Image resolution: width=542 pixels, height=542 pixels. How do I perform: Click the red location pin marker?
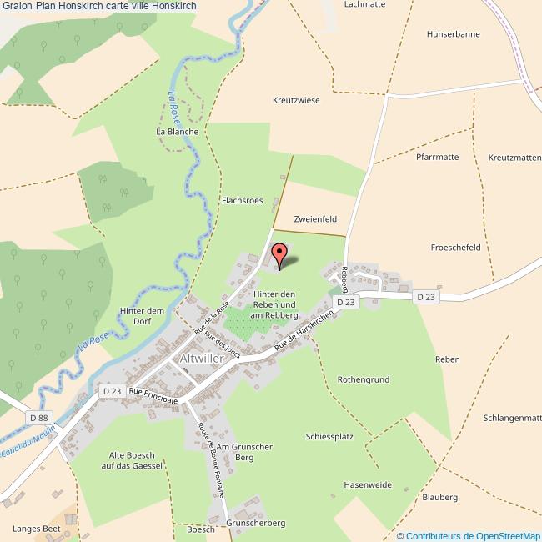[279, 253]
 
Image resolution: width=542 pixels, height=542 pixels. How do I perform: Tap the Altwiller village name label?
[203, 359]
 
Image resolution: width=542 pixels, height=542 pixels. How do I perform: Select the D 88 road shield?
[38, 418]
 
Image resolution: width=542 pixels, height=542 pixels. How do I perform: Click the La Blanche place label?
[177, 132]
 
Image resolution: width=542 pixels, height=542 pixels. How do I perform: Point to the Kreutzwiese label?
[296, 100]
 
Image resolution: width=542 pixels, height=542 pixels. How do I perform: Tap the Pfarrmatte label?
[437, 157]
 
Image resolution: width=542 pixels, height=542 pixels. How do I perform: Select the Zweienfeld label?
[315, 218]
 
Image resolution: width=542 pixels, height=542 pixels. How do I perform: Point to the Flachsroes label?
[242, 201]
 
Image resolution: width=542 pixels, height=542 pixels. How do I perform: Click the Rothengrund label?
[363, 379]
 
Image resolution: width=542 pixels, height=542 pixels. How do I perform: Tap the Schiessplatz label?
[330, 436]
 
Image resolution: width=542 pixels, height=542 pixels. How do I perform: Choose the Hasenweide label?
[368, 484]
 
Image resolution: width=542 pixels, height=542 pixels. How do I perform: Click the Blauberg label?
[440, 497]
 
